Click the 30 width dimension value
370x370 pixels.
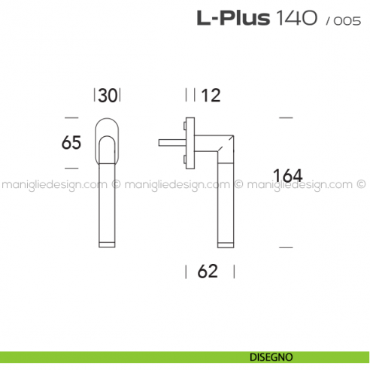[x=108, y=96]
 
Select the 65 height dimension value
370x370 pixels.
[x=71, y=143]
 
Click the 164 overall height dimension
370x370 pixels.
[x=287, y=176]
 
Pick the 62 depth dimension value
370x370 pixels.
[x=208, y=271]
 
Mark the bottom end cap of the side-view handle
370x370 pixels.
[x=226, y=242]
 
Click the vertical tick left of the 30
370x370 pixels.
[x=95, y=96]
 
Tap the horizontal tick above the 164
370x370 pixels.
[x=285, y=118]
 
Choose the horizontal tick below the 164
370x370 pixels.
[x=285, y=246]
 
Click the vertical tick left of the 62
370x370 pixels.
[x=186, y=271]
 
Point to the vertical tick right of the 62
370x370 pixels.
[x=233, y=271]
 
